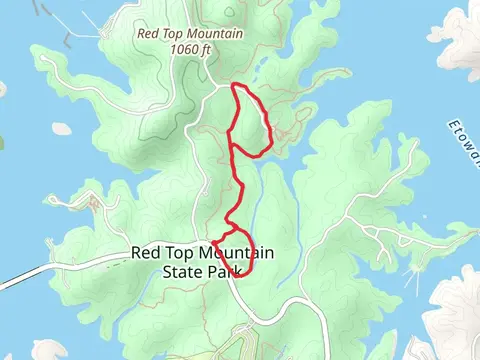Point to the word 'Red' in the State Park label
146,252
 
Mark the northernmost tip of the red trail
236,85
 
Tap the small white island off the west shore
57,129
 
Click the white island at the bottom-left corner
40,350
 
